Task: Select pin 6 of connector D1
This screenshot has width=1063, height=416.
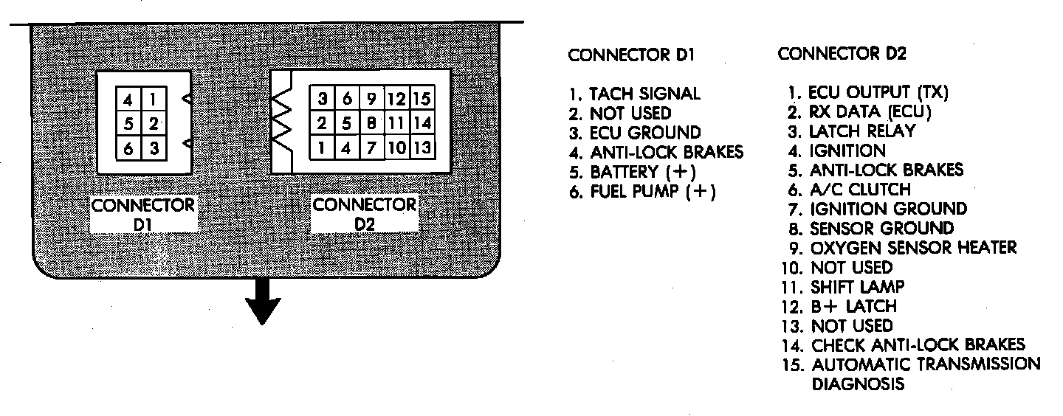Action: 128,148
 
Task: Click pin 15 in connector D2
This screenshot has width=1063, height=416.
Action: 422,98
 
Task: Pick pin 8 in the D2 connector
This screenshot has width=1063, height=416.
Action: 373,122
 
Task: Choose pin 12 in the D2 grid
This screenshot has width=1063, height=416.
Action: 397,98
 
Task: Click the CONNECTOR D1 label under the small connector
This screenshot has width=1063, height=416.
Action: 143,213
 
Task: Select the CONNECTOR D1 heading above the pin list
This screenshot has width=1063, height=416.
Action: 631,55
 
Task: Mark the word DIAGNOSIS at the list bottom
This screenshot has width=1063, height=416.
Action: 858,384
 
